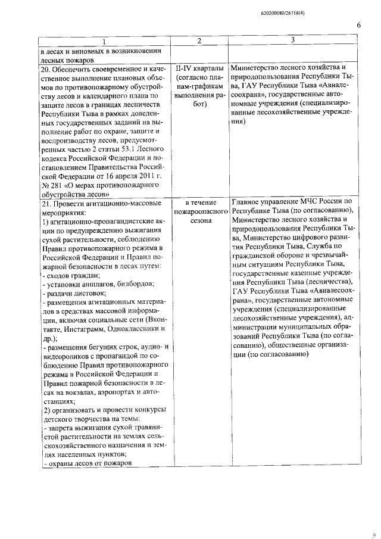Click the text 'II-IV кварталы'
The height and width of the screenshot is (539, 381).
click(200, 68)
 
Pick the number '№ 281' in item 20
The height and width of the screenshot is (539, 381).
click(51, 185)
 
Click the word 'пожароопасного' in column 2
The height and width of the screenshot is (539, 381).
click(201, 211)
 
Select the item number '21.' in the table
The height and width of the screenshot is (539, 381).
click(43, 202)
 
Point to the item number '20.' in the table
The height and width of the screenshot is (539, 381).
click(43, 68)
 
